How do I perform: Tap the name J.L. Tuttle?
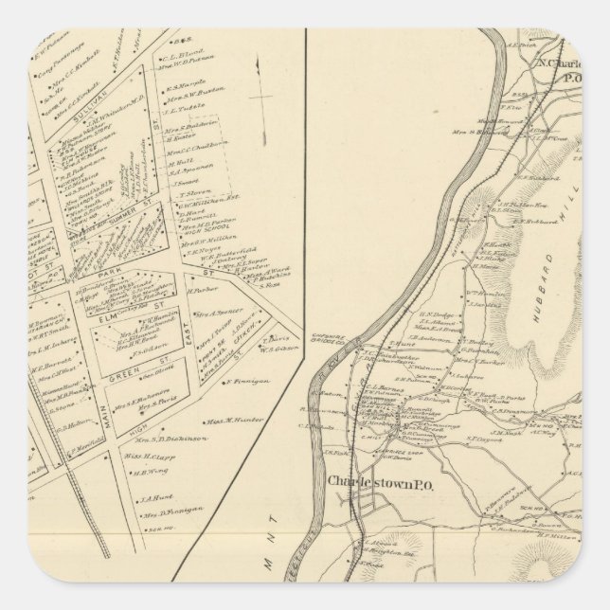188,106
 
